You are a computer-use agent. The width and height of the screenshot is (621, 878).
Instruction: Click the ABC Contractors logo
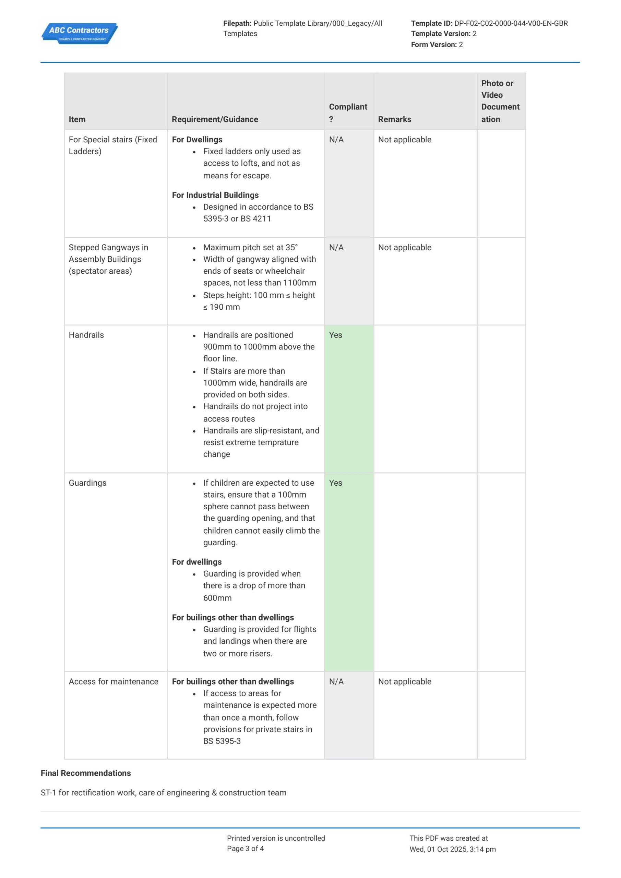point(79,33)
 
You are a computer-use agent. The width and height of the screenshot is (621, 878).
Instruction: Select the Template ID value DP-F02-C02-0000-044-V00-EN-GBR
point(511,23)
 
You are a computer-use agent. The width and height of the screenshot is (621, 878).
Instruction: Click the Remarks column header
point(394,119)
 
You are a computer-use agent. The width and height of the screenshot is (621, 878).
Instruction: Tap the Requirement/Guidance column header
point(215,119)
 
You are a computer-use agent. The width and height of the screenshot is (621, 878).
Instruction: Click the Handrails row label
point(86,335)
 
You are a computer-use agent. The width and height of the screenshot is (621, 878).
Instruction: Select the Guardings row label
point(87,483)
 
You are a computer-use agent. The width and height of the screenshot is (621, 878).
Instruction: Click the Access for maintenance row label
point(113,681)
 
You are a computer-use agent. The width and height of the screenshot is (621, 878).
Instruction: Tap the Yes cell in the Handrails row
point(335,335)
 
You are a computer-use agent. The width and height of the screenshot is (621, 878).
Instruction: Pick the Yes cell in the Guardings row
point(335,483)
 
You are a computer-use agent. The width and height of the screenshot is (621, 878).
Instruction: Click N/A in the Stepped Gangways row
point(336,247)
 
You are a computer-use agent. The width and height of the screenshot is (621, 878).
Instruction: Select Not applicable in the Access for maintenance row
point(404,681)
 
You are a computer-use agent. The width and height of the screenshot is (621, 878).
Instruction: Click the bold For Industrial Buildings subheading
point(215,195)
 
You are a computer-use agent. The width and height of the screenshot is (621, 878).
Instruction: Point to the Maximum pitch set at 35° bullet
point(250,247)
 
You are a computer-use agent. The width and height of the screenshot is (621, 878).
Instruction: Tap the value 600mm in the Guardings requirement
point(217,598)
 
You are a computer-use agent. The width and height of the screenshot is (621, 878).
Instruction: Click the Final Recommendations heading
point(86,773)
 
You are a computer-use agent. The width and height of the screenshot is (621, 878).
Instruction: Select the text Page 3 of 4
point(245,849)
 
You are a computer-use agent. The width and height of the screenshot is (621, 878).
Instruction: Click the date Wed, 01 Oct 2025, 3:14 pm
point(452,849)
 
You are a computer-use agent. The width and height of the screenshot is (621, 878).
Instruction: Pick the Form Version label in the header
point(434,45)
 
